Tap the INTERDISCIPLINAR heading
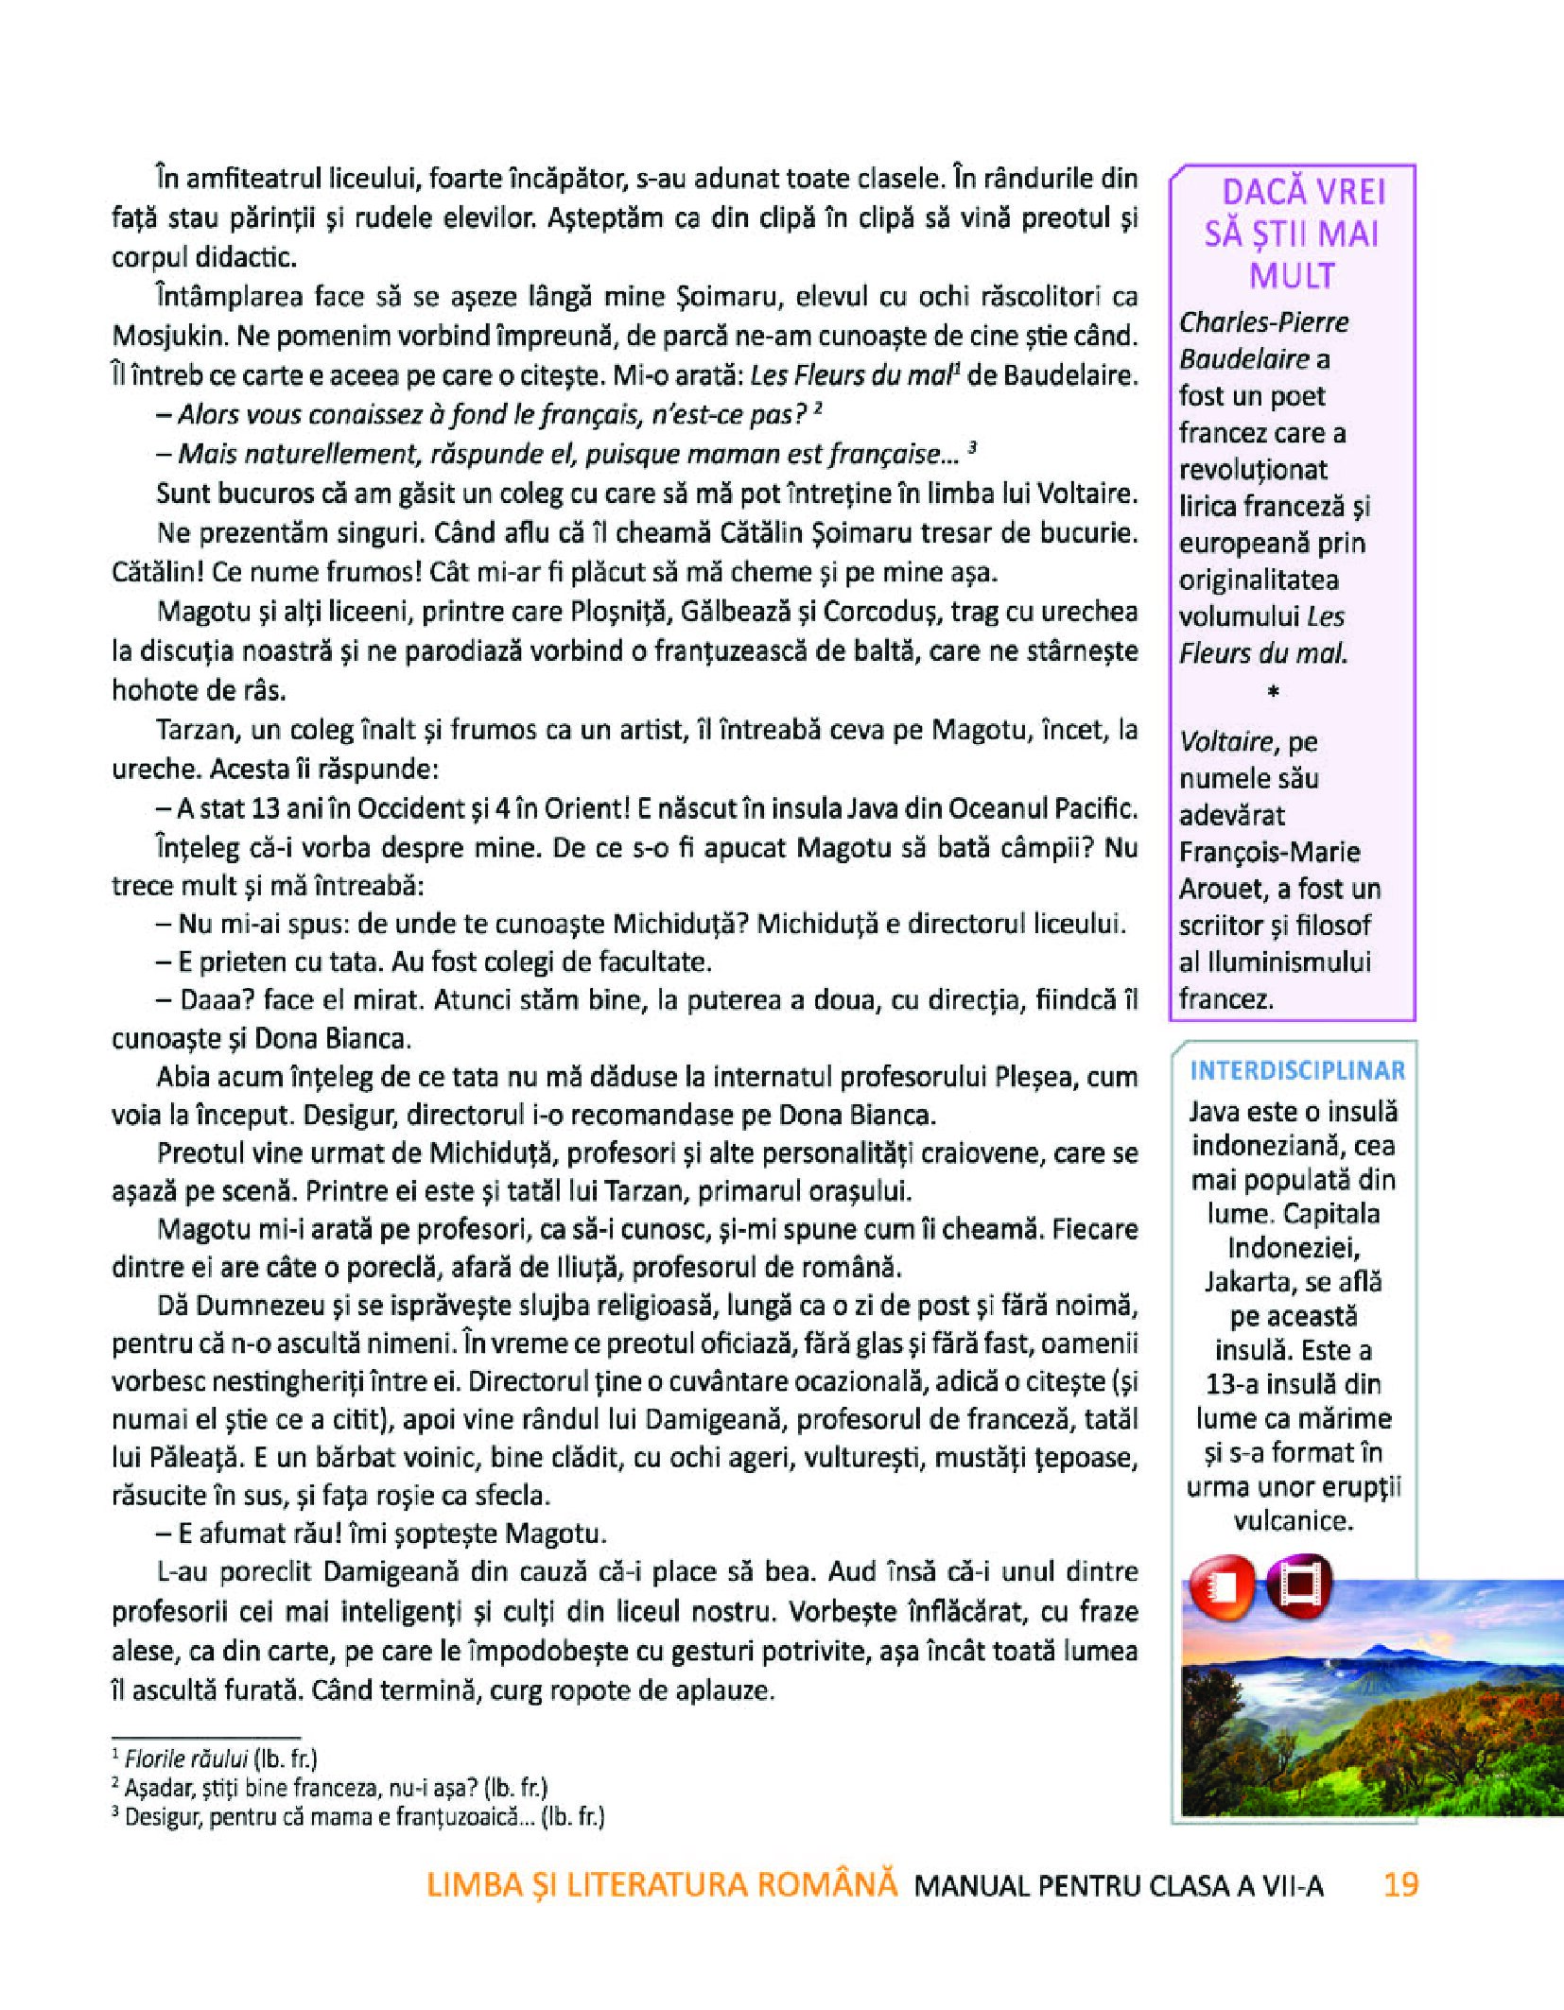[1297, 1070]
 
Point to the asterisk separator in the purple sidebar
[1273, 693]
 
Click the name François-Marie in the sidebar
[1269, 852]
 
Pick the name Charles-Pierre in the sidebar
[1263, 322]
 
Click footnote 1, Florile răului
[186, 1759]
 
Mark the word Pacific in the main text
[1096, 808]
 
